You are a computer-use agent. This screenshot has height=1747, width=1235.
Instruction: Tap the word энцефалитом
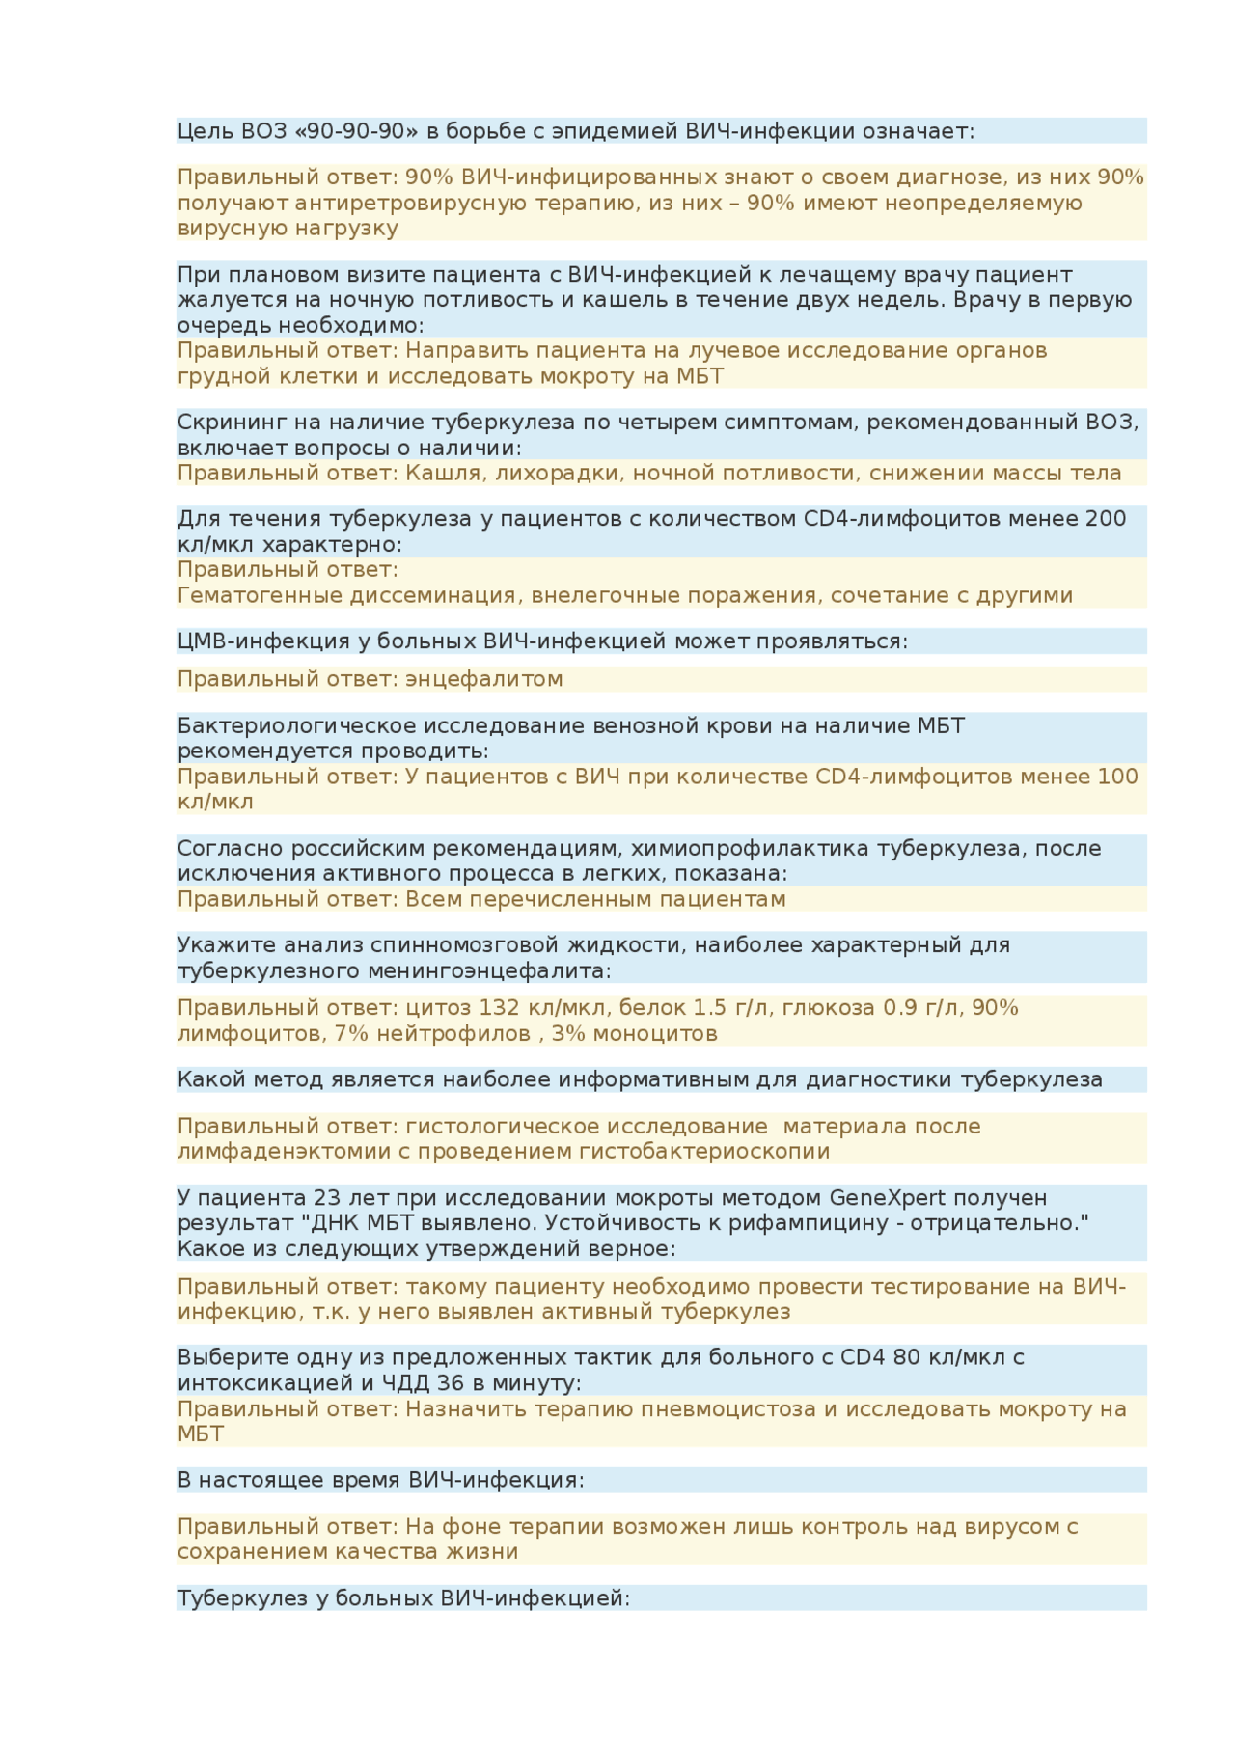point(483,679)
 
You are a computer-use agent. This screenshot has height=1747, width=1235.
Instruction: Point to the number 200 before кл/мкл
point(1106,519)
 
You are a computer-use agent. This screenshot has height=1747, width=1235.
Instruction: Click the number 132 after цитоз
point(500,1008)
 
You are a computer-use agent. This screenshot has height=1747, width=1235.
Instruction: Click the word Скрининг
point(224,423)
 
